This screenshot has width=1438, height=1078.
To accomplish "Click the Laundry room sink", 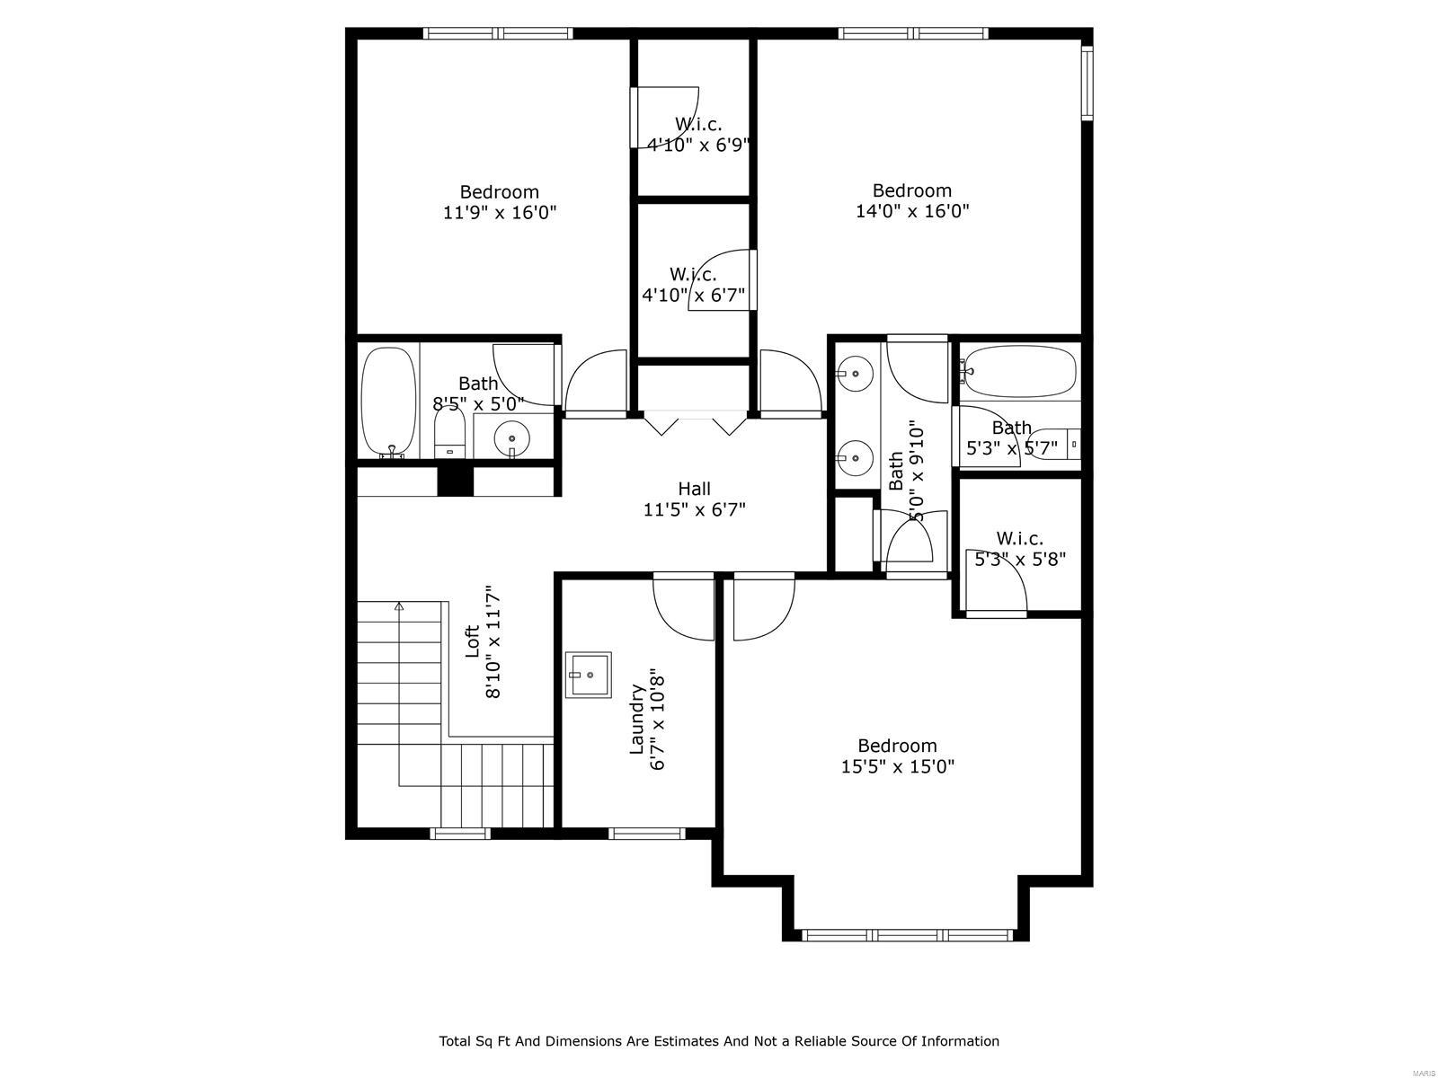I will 588,675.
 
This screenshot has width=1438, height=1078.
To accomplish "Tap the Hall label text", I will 694,489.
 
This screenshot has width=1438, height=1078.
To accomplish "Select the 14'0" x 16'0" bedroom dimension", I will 912,212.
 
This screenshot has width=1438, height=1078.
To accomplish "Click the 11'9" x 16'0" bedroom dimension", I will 500,213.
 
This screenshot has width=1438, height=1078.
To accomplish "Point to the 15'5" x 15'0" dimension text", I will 897,767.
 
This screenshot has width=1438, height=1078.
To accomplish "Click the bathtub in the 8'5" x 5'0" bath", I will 388,401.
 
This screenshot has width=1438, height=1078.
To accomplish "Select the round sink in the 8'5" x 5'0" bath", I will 512,437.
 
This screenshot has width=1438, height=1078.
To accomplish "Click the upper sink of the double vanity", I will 855,372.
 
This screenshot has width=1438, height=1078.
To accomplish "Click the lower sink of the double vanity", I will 855,457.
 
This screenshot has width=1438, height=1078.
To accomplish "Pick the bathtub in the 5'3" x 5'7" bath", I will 1019,372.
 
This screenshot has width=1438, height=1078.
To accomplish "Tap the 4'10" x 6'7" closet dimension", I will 693,294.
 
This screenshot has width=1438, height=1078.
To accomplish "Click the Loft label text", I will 472,641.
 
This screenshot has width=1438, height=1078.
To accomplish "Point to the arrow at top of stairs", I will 399,607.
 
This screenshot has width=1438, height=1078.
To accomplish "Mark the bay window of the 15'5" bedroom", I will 906,935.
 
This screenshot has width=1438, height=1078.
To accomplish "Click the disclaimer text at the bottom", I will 719,1041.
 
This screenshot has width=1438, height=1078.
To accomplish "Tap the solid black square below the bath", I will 455,481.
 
